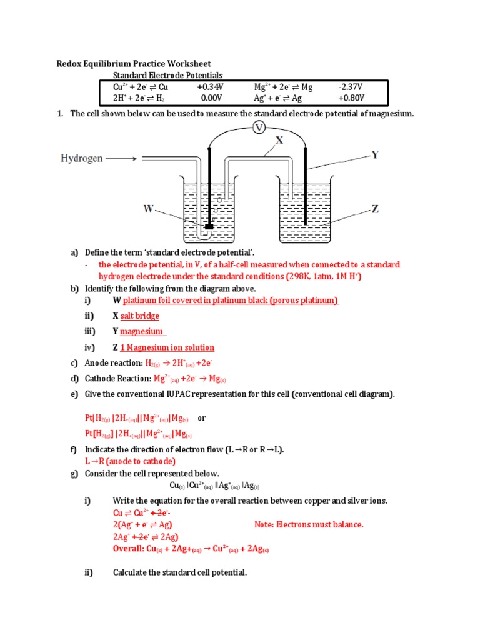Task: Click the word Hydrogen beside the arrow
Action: pyautogui.click(x=81, y=158)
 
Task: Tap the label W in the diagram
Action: pyautogui.click(x=148, y=209)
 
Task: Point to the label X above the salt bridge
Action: pyautogui.click(x=279, y=141)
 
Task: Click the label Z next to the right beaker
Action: pyautogui.click(x=375, y=209)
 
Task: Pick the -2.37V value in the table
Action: pyautogui.click(x=351, y=87)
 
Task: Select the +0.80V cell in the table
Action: pyautogui.click(x=351, y=98)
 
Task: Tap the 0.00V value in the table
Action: pyautogui.click(x=211, y=98)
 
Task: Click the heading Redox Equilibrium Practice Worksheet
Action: pyautogui.click(x=134, y=64)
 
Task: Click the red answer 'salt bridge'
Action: pyautogui.click(x=140, y=316)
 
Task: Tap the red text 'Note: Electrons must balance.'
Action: pyautogui.click(x=309, y=524)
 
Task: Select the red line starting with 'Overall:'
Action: pyautogui.click(x=191, y=549)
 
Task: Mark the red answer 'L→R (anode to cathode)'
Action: pyautogui.click(x=126, y=461)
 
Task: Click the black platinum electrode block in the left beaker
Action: pyautogui.click(x=209, y=226)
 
